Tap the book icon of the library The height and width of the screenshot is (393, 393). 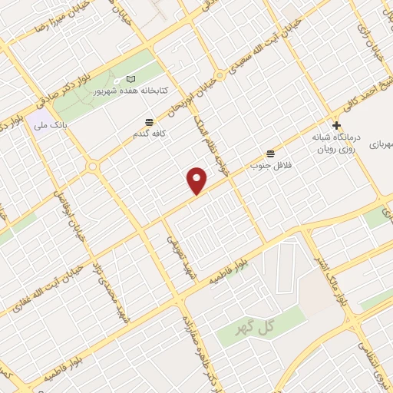tap(130, 79)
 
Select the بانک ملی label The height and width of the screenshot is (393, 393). tap(54, 123)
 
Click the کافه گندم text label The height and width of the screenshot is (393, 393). tap(150, 134)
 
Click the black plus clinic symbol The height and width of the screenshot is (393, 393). tap(336, 125)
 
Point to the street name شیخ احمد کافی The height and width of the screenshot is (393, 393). tap(378, 99)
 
